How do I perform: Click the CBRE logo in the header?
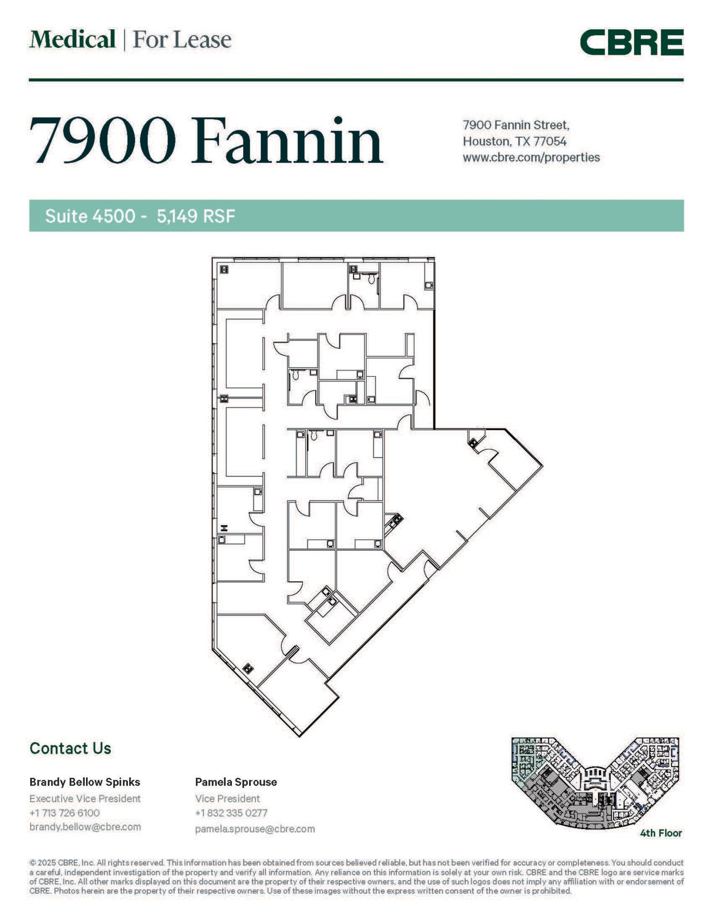(631, 42)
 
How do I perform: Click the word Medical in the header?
(73, 40)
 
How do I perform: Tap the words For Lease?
(182, 40)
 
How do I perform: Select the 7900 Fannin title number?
(103, 141)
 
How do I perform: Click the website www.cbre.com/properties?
(531, 157)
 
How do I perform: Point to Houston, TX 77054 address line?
(514, 141)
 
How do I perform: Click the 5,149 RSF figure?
(196, 216)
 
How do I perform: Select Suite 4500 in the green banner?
(90, 216)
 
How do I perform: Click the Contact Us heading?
(70, 748)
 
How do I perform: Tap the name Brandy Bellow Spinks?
(85, 782)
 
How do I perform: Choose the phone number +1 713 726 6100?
(64, 813)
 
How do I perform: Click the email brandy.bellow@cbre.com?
(85, 827)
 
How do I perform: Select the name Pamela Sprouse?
(236, 782)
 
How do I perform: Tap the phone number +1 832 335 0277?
(231, 813)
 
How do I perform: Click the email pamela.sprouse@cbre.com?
(254, 828)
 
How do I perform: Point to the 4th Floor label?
(661, 833)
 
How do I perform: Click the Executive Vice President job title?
(85, 798)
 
